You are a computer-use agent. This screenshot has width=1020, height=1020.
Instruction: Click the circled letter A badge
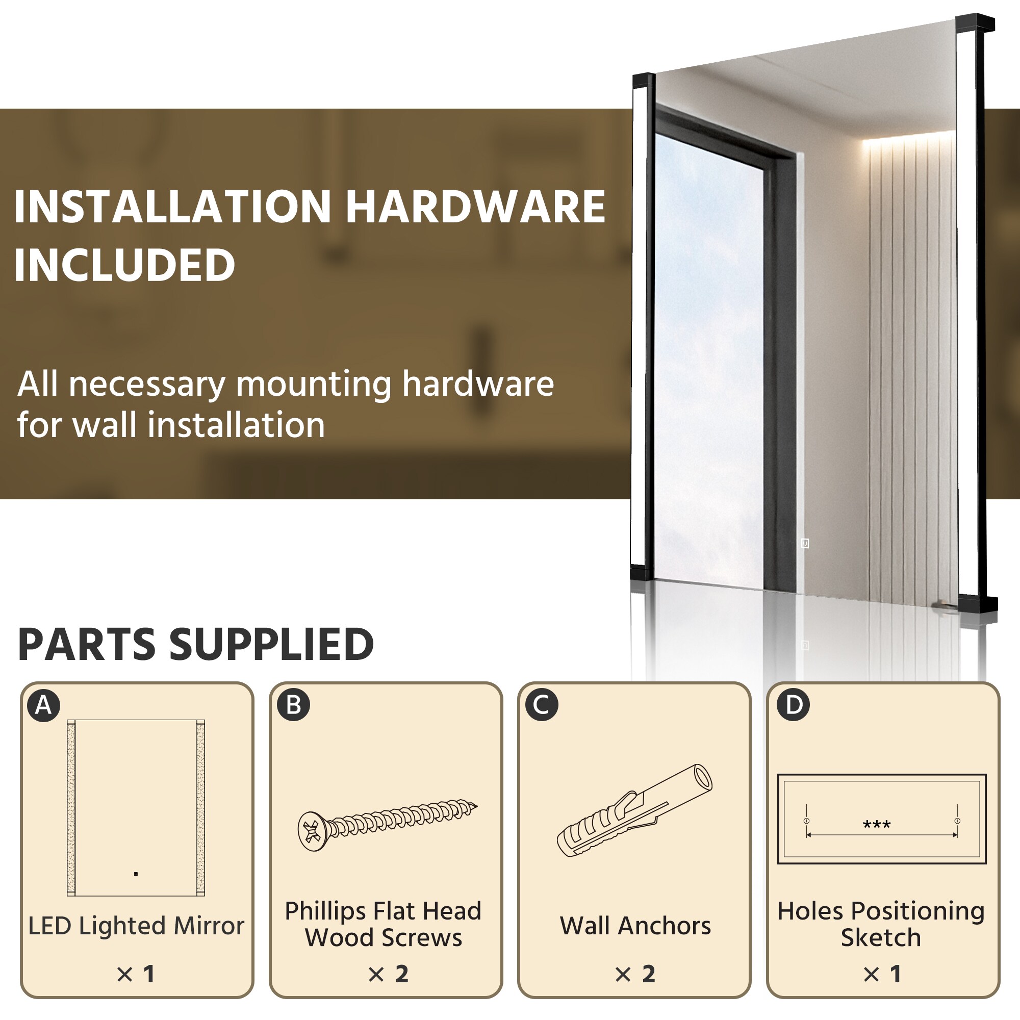pyautogui.click(x=44, y=705)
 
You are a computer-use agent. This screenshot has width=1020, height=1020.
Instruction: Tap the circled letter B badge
pyautogui.click(x=294, y=705)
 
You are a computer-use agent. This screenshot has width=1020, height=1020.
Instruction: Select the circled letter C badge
pyautogui.click(x=542, y=705)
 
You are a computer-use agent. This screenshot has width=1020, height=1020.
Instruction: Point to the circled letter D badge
pyautogui.click(x=794, y=705)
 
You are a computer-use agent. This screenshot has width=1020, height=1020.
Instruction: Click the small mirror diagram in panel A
pyautogui.click(x=136, y=808)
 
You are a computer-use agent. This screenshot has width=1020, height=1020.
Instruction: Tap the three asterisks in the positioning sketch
pyautogui.click(x=876, y=824)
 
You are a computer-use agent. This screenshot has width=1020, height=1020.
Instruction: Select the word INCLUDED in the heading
pyautogui.click(x=124, y=265)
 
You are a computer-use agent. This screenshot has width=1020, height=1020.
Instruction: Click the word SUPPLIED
pyautogui.click(x=271, y=645)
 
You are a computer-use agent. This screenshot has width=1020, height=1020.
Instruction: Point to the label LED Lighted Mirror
pyautogui.click(x=136, y=926)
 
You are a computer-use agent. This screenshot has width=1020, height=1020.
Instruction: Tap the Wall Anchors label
pyautogui.click(x=635, y=926)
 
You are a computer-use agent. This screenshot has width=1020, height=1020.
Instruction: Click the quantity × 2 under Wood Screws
pyautogui.click(x=389, y=974)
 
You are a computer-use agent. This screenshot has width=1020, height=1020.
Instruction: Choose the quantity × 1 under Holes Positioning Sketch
pyautogui.click(x=882, y=974)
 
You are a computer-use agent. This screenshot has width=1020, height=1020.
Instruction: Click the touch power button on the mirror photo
pyautogui.click(x=805, y=543)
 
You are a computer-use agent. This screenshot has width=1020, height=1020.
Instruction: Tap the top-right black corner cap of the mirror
pyautogui.click(x=975, y=23)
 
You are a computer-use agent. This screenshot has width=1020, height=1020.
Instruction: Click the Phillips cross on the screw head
pyautogui.click(x=312, y=831)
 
